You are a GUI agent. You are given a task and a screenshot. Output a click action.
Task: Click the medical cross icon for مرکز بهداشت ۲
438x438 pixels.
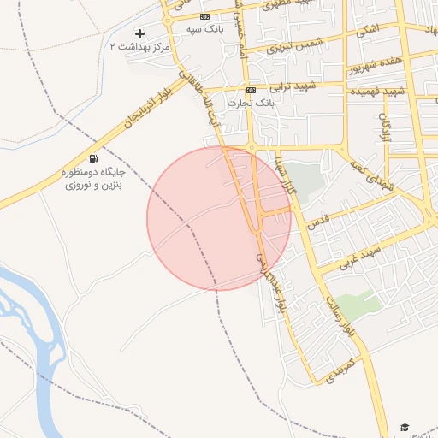pos(140,33)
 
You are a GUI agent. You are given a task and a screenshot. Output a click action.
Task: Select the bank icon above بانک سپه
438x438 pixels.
pos(204,16)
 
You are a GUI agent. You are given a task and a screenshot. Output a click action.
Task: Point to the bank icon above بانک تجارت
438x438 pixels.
pos(251,90)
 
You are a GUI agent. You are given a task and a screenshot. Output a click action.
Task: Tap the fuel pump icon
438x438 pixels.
pos(92,158)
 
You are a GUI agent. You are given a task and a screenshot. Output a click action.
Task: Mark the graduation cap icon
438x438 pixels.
pos(405,428)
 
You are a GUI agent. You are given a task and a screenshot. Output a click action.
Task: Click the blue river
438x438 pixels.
pos(34,317)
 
